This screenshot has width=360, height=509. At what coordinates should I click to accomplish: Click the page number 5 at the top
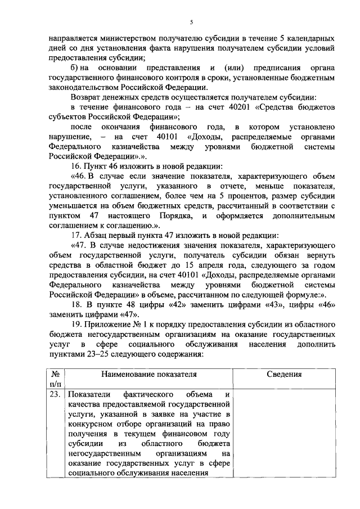pyautogui.click(x=191, y=22)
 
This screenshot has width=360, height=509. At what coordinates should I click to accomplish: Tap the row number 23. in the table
pyautogui.click(x=55, y=394)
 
